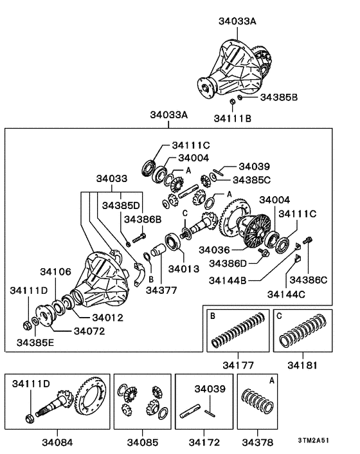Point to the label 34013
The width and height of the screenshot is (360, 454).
[x=184, y=268]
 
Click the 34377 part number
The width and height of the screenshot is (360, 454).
[x=162, y=290]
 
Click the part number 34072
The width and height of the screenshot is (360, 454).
[x=90, y=331]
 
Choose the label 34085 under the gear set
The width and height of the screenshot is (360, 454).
[x=142, y=443]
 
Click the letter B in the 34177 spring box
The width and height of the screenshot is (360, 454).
[x=212, y=316]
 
